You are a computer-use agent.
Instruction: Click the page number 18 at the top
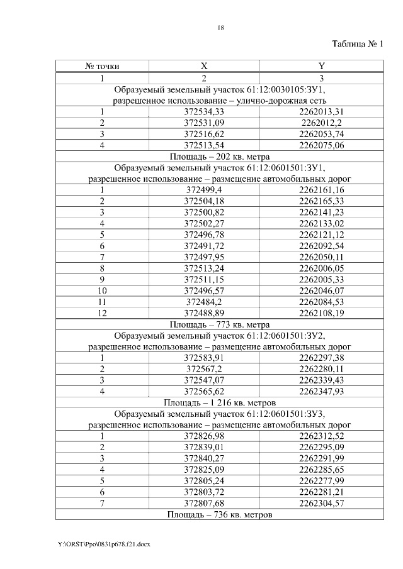pos(220,28)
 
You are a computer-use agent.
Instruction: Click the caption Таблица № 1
pos(357,44)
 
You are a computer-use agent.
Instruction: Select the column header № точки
pos(102,66)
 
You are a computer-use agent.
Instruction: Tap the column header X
pos(203,66)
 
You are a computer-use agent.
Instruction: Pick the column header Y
pos(321,66)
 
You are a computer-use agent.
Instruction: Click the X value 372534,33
pos(203,112)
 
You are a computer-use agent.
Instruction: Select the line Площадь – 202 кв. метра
pos(220,157)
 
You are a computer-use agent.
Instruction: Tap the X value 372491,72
pos(203,246)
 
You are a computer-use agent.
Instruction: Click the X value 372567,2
pos(203,369)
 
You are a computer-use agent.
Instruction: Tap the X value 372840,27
pos(203,458)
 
